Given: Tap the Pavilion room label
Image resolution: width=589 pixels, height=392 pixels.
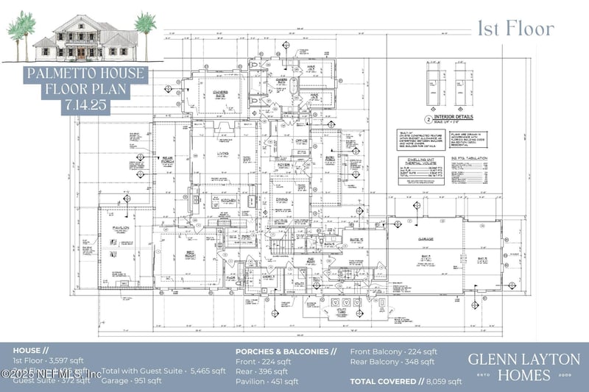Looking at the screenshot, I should (121, 228).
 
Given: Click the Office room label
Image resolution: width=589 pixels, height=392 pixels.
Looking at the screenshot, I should (300, 141).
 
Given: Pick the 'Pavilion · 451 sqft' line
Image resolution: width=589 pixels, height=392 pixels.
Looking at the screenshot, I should (267, 382).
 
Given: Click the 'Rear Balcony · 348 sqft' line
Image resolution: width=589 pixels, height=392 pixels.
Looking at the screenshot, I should (393, 362).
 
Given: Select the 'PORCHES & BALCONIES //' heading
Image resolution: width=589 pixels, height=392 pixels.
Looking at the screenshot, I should (286, 352).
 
